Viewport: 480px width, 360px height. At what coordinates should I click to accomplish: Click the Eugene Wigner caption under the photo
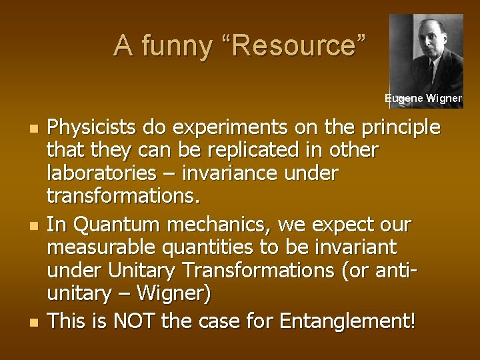pyautogui.click(x=423, y=98)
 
